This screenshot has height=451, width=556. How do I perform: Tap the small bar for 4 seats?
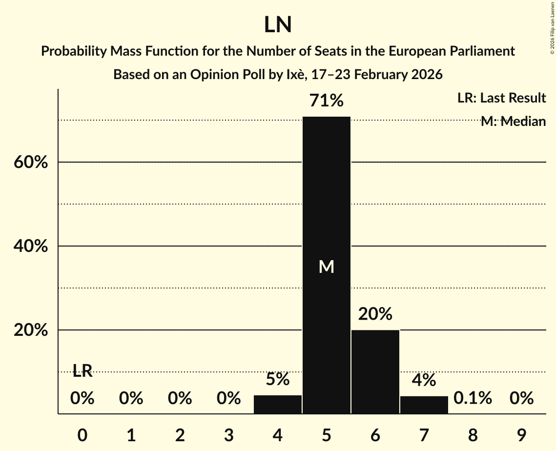[278, 405]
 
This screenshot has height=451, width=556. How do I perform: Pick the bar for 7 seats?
[424, 405]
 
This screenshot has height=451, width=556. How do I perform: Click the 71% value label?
[326, 101]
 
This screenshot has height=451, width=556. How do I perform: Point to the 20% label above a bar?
[375, 314]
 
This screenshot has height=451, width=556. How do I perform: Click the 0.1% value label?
[473, 398]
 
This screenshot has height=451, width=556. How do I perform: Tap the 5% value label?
[278, 379]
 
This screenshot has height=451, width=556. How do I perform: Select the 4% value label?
[424, 380]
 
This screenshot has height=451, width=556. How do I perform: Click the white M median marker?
[326, 266]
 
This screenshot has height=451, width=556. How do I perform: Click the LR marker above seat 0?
[82, 371]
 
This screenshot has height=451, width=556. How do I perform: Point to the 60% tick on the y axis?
[31, 162]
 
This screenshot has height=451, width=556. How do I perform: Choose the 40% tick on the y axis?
[31, 246]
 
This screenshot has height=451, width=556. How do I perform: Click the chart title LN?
[278, 25]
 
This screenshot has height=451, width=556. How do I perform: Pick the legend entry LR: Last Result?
[501, 98]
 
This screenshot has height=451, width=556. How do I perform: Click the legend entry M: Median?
[513, 122]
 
